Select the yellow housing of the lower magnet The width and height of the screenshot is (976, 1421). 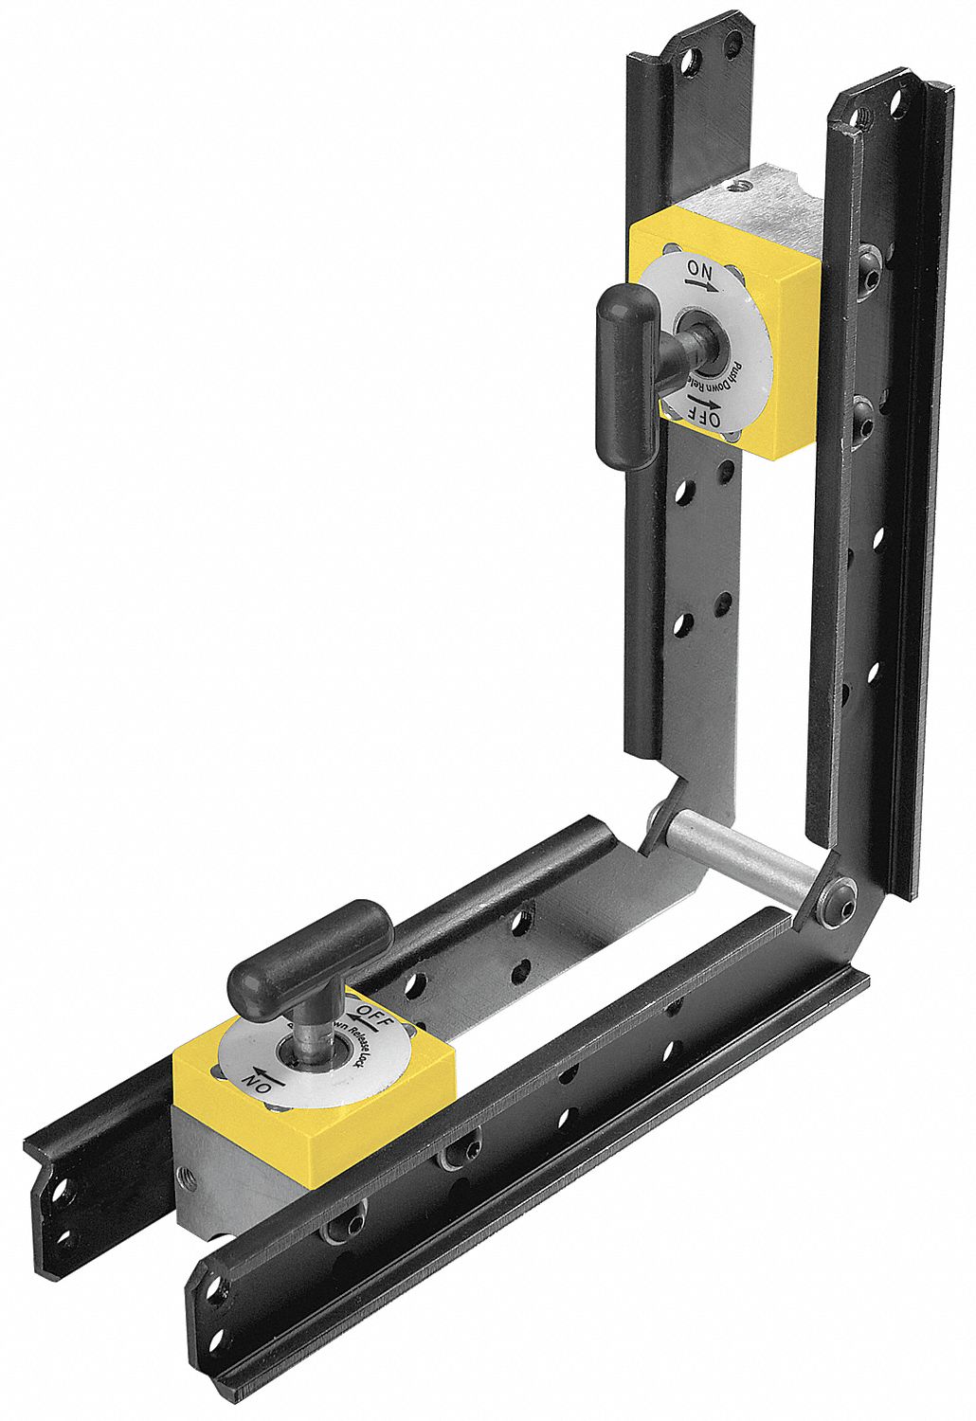(379, 1089)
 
